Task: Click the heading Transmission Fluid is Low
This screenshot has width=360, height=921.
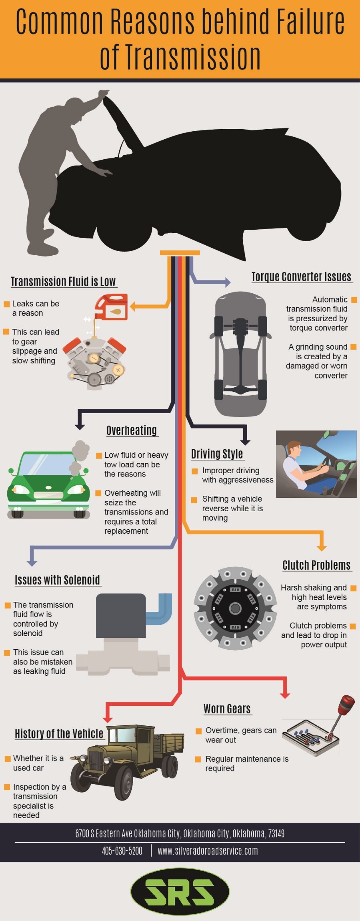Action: tap(63, 282)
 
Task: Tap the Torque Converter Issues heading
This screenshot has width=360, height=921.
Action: tap(301, 277)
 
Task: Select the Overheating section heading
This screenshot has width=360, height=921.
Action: tap(132, 430)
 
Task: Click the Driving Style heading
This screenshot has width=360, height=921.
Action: tap(217, 454)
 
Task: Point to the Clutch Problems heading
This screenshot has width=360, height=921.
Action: tap(316, 565)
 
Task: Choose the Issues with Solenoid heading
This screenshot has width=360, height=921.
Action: tap(57, 580)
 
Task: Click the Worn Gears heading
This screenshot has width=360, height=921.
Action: tap(227, 709)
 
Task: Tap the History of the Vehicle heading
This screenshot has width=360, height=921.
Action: tap(59, 734)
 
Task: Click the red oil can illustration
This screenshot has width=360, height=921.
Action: tap(112, 307)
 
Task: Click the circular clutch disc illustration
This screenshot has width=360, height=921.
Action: tap(235, 608)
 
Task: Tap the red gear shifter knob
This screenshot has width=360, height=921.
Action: tap(346, 704)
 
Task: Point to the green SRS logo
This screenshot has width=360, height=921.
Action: tap(180, 891)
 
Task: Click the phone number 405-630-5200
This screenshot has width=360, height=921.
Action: tap(122, 851)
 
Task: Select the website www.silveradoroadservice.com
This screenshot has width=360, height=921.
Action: tap(208, 851)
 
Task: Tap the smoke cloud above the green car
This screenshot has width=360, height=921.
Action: tap(80, 452)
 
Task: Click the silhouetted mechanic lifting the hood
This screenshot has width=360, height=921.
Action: tap(56, 168)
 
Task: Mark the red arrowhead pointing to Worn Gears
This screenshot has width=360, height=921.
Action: tap(285, 695)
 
